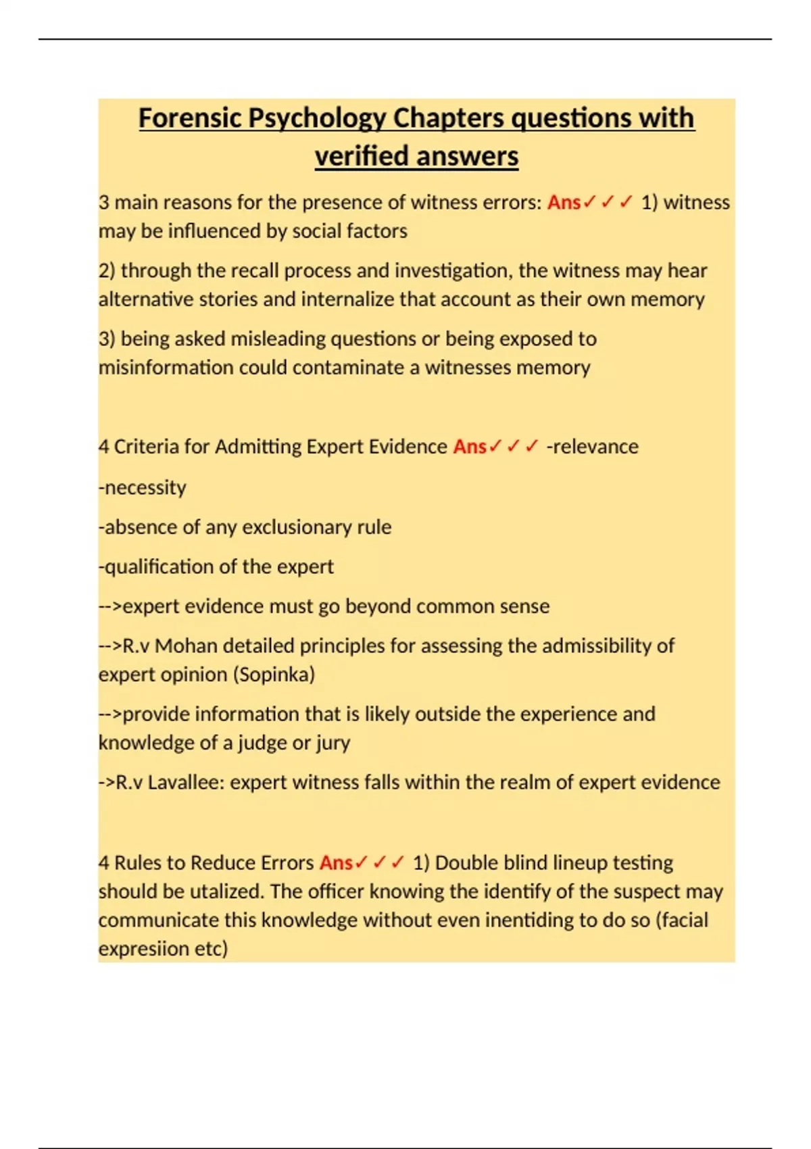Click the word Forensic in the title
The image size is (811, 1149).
point(190,118)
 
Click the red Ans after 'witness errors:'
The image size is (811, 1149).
point(564,202)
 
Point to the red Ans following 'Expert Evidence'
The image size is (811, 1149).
point(470,447)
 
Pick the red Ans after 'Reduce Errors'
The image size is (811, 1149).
point(336,863)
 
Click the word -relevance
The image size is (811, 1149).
point(592,447)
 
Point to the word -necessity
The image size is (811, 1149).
point(142,487)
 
